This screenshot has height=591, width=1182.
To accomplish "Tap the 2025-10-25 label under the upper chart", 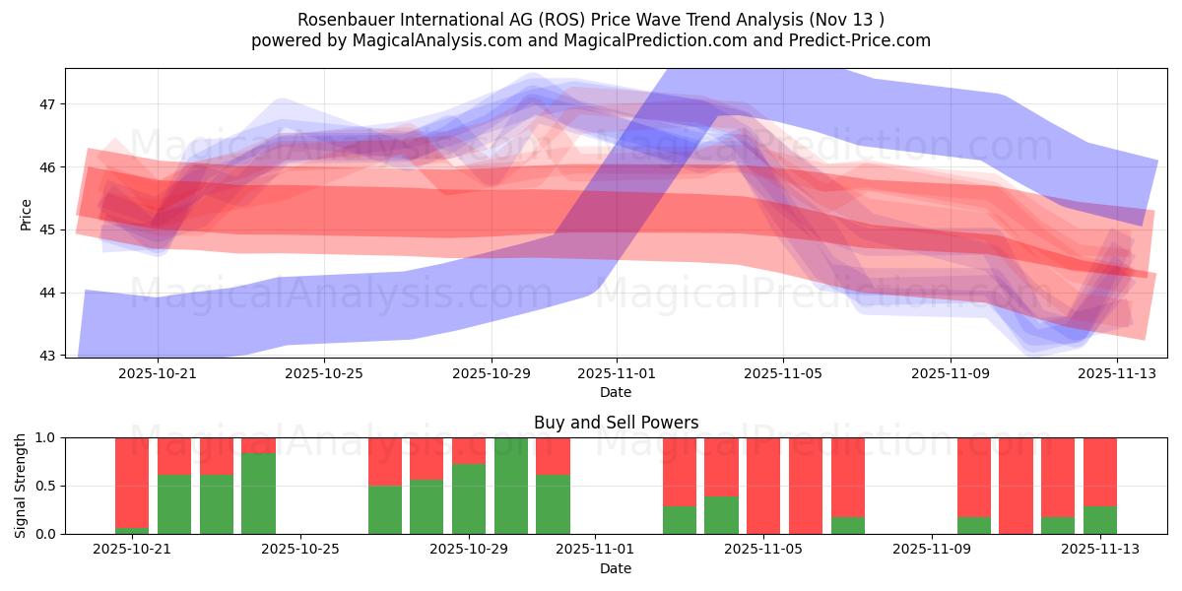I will tap(324, 373).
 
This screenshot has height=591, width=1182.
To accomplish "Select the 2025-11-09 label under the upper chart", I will tap(950, 373).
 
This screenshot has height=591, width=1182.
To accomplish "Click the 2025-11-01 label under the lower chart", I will tap(595, 550).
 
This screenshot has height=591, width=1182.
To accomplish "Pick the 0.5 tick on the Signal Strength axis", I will tap(45, 486).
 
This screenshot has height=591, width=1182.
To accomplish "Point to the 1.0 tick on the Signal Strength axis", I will tap(45, 437).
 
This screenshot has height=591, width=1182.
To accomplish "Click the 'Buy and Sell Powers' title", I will tap(616, 423).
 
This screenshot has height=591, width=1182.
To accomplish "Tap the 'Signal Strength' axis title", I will tap(21, 485).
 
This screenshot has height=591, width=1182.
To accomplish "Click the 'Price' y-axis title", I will tap(27, 214).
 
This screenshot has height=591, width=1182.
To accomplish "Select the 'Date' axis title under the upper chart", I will tap(616, 392).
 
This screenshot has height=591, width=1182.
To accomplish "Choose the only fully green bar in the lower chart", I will tap(511, 486).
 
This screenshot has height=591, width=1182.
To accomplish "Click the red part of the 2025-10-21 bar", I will tap(132, 468).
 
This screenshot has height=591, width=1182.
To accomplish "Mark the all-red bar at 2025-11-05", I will tap(763, 486).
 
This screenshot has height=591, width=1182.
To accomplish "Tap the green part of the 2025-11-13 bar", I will tap(1100, 520).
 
